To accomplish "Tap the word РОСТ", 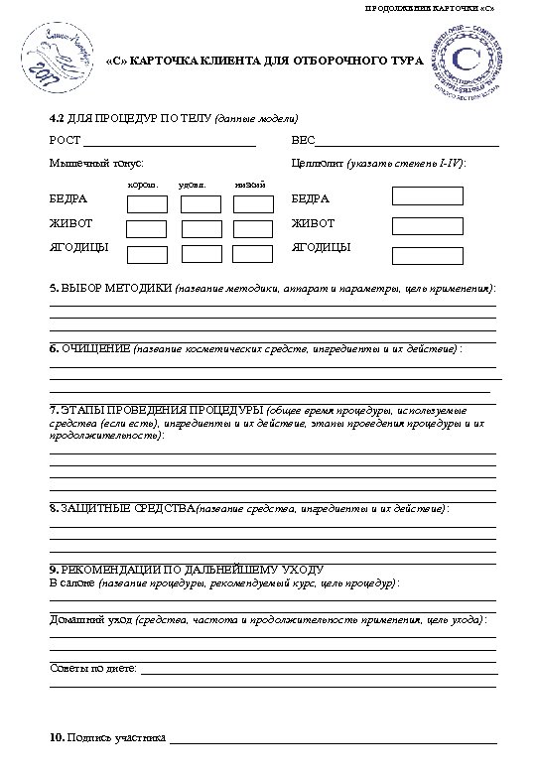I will coord(65,141).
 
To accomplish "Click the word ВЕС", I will coord(303,141).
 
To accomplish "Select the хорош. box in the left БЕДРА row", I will coord(147,204).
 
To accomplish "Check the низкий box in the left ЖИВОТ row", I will coord(253,228).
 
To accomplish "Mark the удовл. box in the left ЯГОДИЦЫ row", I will coord(201,252).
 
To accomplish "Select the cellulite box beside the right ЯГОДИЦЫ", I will coord(428,256).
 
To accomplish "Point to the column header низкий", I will coord(250,186).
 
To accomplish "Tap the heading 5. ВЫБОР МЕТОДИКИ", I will coord(111,289).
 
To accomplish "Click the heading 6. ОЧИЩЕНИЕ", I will coord(90,350).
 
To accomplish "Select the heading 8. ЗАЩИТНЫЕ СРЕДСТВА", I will coord(122,508).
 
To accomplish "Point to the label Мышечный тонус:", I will coord(95,162).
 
